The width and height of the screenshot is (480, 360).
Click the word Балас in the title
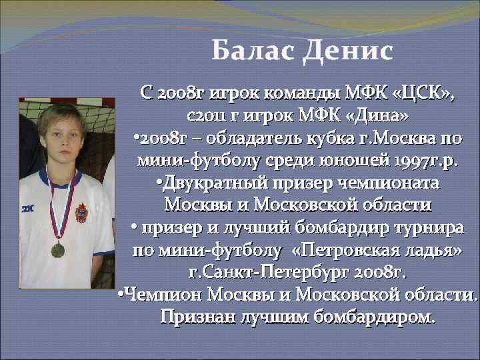click(253, 51)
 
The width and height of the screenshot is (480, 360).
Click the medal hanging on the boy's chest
click(58, 249)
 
